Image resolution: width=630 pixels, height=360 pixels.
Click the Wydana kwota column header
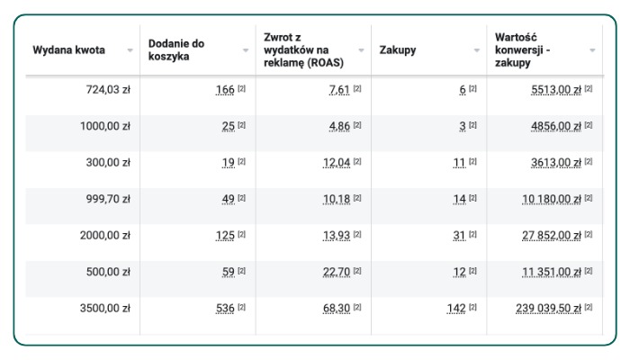click(68, 50)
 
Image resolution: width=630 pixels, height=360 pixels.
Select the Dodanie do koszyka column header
click(176, 50)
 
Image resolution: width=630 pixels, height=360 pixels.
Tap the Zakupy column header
click(398, 50)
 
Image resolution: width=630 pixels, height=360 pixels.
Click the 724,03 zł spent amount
click(105, 90)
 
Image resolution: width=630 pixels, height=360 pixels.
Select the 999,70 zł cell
click(105, 199)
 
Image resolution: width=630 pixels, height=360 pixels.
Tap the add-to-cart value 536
click(225, 309)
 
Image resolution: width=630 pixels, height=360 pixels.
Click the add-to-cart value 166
click(225, 90)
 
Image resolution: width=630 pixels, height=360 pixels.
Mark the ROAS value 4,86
click(339, 126)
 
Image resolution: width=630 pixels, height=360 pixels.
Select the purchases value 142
click(456, 309)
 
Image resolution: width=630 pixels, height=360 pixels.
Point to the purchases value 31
click(459, 236)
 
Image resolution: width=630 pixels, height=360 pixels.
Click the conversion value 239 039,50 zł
click(548, 309)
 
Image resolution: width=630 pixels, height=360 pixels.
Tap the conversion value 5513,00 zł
click(556, 90)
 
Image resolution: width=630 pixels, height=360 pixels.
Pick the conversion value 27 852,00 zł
click(552, 236)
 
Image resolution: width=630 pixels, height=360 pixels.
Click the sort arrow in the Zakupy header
click(477, 50)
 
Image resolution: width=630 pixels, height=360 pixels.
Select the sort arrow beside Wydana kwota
click(130, 50)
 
